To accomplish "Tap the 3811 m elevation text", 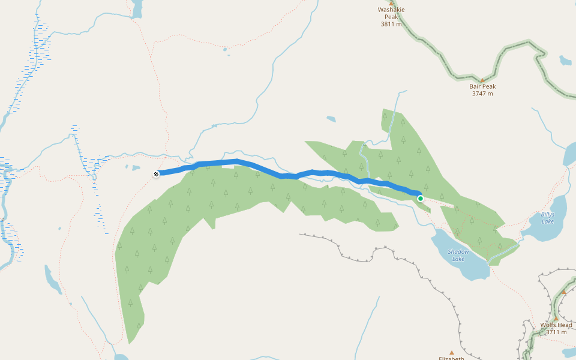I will click(x=392, y=24).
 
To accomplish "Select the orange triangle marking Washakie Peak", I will click(x=392, y=3).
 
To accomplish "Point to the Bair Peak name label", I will click(x=482, y=86).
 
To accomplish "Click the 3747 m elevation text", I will click(x=482, y=94).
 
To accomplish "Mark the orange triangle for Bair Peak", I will click(x=482, y=80).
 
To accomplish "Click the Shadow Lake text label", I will click(x=458, y=255).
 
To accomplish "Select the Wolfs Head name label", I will click(x=556, y=325).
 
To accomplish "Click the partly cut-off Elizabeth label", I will click(x=452, y=358).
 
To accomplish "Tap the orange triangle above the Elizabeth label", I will click(x=452, y=352).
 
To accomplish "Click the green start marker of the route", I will click(x=421, y=198).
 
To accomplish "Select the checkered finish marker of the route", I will click(x=156, y=174).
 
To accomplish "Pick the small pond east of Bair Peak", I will click(x=565, y=61).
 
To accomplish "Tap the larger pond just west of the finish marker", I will click(x=136, y=168).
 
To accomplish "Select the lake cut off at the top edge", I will click(x=137, y=8).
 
